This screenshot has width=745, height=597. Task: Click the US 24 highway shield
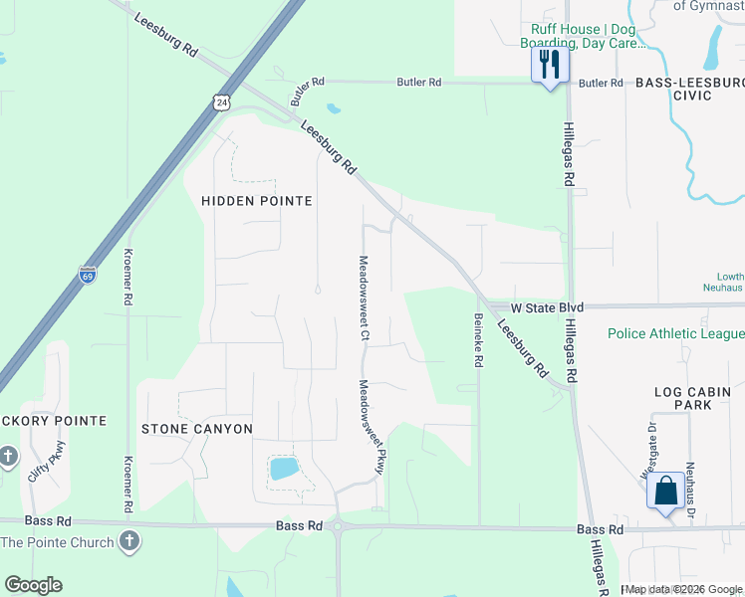click(221, 101)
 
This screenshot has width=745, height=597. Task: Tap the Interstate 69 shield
click(88, 274)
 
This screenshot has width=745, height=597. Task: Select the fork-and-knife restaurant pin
click(549, 66)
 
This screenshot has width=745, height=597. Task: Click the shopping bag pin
click(665, 491)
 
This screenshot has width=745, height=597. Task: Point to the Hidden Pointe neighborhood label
click(257, 201)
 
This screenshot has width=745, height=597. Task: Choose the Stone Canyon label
click(196, 429)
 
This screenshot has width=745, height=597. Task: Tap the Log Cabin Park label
click(697, 398)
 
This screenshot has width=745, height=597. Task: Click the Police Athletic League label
click(676, 334)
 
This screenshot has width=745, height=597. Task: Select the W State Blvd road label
click(547, 308)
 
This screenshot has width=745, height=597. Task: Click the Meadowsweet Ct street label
click(364, 299)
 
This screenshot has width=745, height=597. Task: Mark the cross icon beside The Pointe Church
click(128, 541)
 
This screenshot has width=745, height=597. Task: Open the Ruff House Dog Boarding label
click(584, 37)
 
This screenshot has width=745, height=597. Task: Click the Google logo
click(33, 585)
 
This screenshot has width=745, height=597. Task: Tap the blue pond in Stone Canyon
click(284, 468)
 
